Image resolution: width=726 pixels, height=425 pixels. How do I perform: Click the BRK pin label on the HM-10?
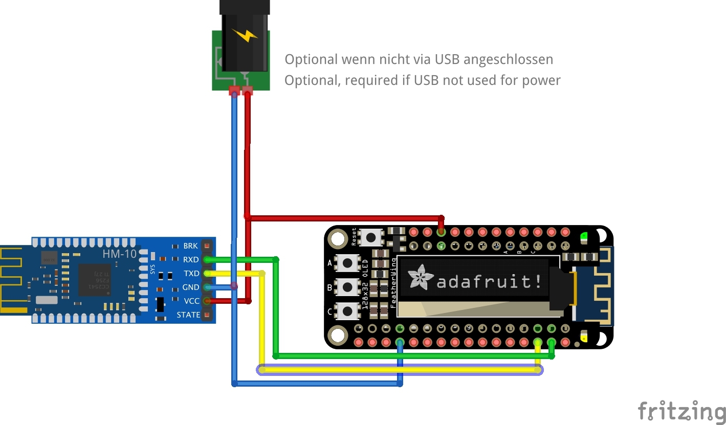pos(190,246)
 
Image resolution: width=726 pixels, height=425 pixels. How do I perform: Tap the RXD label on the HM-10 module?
pos(190,260)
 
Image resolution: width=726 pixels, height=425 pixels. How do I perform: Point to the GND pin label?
pos(190,287)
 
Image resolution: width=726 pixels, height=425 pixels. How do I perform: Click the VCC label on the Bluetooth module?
pos(191,301)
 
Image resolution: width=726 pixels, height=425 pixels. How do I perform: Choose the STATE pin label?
pos(188,315)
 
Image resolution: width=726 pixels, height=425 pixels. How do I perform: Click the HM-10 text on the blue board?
pos(119,253)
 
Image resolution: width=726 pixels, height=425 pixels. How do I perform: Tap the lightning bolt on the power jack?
pos(245,35)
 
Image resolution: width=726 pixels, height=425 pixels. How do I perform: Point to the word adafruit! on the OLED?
pos(489,281)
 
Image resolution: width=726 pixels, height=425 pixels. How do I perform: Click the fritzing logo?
pos(681,411)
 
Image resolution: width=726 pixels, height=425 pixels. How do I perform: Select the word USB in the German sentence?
pos(447,59)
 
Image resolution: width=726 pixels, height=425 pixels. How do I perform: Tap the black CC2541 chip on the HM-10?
pos(95,280)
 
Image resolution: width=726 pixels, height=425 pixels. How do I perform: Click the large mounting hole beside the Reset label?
pos(338,238)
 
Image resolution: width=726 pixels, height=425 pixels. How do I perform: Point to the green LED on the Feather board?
pos(583,236)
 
